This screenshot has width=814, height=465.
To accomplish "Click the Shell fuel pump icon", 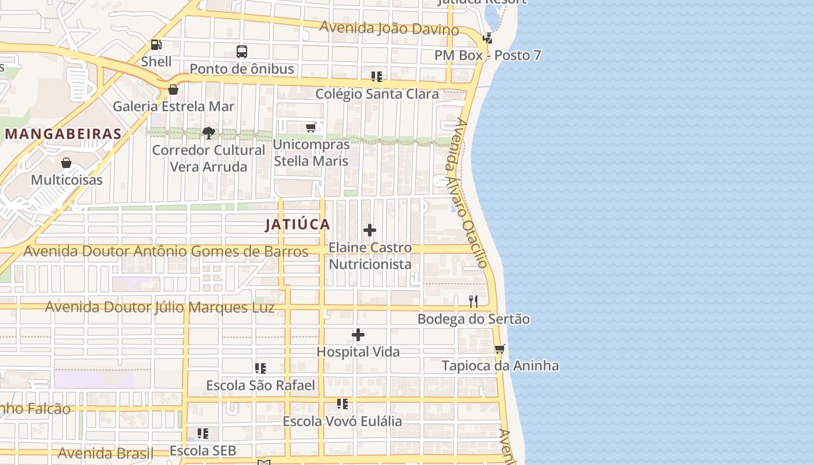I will [x=156, y=44].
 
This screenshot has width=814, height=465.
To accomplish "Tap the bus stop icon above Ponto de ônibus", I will [x=242, y=52].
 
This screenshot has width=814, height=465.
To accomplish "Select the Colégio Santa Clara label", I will [x=377, y=94].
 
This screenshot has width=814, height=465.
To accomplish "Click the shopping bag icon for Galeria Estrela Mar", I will [x=173, y=90].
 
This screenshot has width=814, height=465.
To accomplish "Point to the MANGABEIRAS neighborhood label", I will [x=63, y=134].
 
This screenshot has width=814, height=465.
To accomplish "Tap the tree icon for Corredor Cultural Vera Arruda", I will [x=209, y=133].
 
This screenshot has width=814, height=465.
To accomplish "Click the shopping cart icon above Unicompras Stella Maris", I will [x=311, y=128].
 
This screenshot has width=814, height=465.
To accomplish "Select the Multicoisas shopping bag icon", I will [x=66, y=163].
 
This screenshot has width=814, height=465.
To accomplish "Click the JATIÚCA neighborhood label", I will [x=298, y=224].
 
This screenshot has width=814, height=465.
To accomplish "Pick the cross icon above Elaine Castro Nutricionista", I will [x=370, y=231].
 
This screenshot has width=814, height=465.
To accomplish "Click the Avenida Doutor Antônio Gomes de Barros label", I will [x=166, y=251].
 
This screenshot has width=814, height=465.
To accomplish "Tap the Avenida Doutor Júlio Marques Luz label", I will [x=160, y=307].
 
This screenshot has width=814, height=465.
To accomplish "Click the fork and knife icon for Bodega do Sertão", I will [x=473, y=302].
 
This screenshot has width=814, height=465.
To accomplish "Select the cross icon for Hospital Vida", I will [x=358, y=335].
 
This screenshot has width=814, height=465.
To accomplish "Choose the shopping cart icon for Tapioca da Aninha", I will [x=499, y=349].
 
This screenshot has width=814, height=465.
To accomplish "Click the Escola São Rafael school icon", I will [x=260, y=369].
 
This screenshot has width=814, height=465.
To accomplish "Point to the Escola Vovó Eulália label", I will [x=342, y=421].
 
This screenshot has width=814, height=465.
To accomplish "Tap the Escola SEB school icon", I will [x=203, y=434].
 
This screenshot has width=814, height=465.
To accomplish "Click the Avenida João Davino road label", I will [x=390, y=27].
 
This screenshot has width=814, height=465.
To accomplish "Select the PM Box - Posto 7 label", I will [x=488, y=55].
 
